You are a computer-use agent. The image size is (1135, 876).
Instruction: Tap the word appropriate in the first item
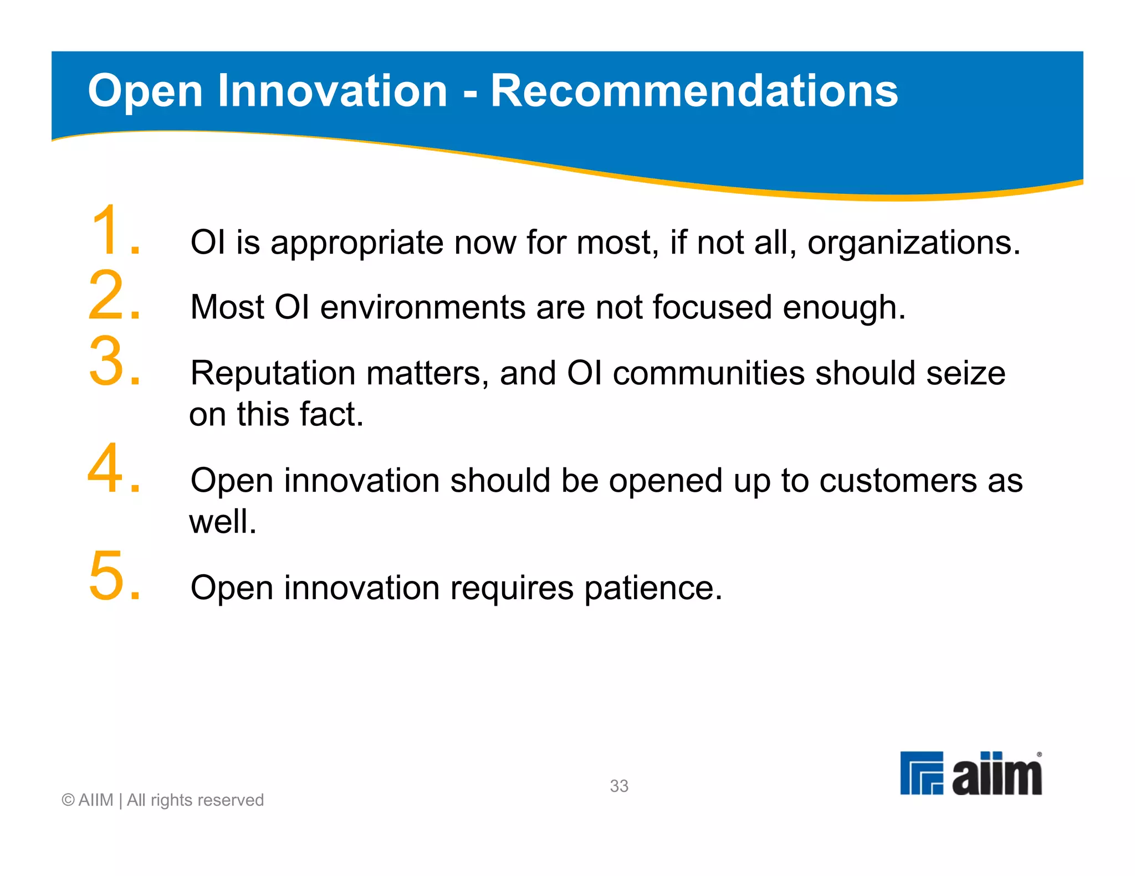coord(356,244)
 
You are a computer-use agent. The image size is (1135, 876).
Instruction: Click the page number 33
coord(618,786)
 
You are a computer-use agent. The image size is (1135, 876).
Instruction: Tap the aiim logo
coord(970,774)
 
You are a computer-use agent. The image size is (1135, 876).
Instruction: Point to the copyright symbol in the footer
coord(68,800)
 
